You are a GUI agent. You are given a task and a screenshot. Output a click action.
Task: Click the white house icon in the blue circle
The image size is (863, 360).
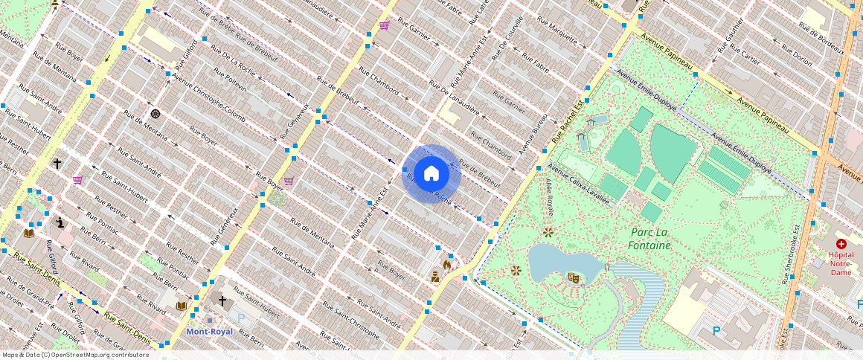pyautogui.click(x=431, y=174)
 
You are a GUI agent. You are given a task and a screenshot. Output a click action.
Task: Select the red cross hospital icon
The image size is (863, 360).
pyautogui.click(x=841, y=244)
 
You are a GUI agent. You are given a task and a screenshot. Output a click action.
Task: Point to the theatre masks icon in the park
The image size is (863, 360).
pyautogui.click(x=573, y=277)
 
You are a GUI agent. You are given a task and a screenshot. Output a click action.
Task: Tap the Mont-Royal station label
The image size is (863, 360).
pyautogui.click(x=209, y=332)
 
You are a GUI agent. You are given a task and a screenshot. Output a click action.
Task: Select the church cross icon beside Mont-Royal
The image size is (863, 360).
pyautogui.click(x=222, y=301)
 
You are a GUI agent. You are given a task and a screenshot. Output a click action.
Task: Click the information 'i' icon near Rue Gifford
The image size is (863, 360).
pyautogui.click(x=60, y=222)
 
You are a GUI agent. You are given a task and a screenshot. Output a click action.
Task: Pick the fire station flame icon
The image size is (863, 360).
pyautogui.click(x=446, y=263)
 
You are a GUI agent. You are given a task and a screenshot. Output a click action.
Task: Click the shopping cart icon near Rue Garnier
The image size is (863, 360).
pyautogui.click(x=384, y=25)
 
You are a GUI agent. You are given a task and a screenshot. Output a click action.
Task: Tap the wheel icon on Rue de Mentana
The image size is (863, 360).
pyautogui.click(x=155, y=114)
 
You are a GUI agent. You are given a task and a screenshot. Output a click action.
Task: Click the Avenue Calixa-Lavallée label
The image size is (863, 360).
pyautogui.click(x=578, y=184)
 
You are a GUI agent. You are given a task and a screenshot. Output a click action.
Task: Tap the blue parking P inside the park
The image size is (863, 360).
pyautogui.click(x=716, y=331)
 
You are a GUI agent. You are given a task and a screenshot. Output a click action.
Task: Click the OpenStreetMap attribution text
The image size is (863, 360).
pyautogui.click(x=74, y=355)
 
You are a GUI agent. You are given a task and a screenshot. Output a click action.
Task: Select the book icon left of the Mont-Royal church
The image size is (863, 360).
pyautogui.click(x=182, y=306)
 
